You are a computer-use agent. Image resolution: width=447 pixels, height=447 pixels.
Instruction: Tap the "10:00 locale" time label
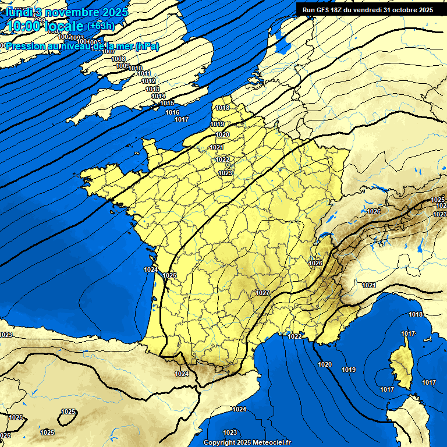45,26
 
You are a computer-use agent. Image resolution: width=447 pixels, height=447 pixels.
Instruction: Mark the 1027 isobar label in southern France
262,293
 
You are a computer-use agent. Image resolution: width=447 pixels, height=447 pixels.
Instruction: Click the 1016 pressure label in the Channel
172,112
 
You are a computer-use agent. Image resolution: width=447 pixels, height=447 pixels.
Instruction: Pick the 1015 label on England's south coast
167,104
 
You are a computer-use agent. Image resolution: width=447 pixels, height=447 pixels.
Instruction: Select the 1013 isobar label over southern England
152,89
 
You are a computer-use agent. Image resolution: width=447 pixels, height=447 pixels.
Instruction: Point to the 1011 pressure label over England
144,74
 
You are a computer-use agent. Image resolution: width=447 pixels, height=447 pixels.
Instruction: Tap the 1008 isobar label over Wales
118,59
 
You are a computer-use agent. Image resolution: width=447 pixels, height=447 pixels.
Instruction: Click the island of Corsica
400,367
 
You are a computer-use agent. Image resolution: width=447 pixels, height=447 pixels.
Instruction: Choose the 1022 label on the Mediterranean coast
295,336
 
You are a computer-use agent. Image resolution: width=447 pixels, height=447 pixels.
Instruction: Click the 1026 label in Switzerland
374,211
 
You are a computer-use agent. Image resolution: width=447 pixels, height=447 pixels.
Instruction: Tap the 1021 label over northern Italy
368,285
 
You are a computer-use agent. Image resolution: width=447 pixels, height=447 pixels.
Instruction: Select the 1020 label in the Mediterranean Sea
325,364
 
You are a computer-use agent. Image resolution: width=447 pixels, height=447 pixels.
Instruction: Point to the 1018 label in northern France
222,108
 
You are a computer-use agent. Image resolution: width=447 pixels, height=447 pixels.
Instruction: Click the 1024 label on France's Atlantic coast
151,269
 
